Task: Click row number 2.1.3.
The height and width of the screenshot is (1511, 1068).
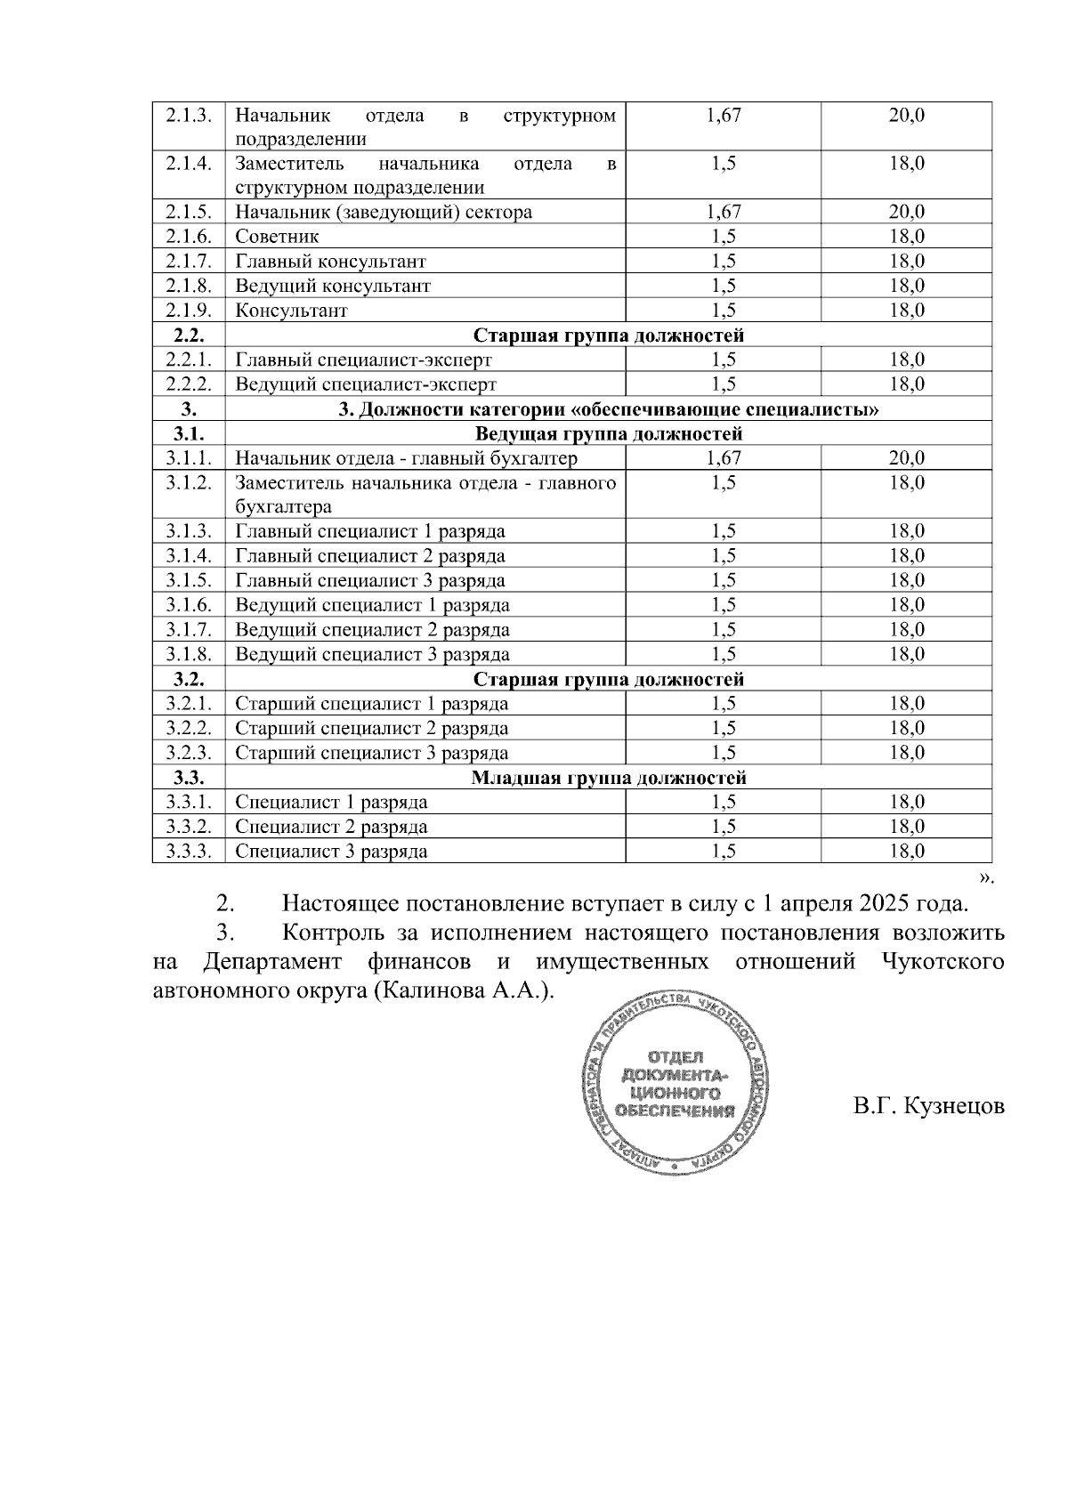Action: pos(188,116)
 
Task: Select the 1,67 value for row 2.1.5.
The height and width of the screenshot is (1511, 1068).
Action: pos(723,212)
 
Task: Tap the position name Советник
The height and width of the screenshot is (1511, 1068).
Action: pos(277,237)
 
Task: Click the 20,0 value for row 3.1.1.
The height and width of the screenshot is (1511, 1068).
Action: pos(906,458)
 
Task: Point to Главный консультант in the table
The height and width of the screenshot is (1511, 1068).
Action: pos(330,262)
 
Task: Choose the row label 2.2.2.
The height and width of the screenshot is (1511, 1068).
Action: pos(188,384)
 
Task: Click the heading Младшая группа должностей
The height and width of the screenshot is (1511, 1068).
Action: pos(608,778)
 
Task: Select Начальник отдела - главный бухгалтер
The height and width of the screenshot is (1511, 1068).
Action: pos(406,458)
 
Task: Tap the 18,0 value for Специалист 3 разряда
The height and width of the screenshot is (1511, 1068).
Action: pos(906,852)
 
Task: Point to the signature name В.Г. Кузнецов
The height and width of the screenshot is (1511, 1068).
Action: pos(928,1107)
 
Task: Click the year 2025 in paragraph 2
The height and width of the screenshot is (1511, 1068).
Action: pos(885,903)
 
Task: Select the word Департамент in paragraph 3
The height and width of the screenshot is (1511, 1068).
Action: pos(272,962)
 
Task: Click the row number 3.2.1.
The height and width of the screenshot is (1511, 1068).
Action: pos(188,704)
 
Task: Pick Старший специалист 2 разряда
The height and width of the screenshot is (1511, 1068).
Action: pos(371,728)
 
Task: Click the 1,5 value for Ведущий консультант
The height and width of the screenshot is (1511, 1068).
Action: pos(723,286)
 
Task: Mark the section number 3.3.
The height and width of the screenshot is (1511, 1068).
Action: pos(188,778)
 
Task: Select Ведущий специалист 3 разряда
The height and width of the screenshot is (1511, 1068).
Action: pos(372,655)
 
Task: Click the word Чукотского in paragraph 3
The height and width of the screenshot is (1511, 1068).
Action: pos(943,962)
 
